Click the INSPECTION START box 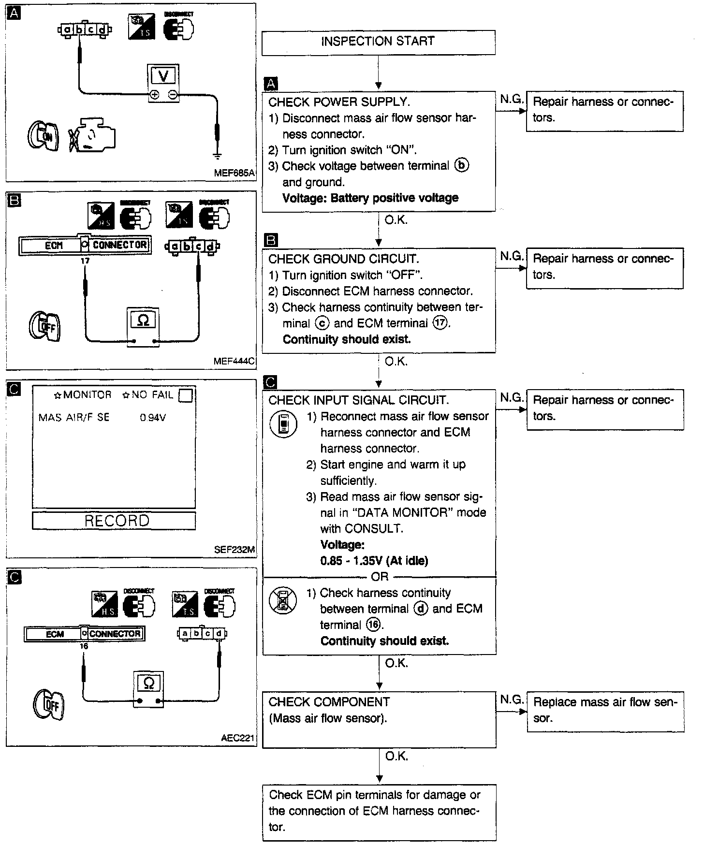click(378, 42)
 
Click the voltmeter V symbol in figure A click(163, 76)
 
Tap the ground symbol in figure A click(217, 156)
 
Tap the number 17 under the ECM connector click(85, 261)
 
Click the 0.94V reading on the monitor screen click(153, 418)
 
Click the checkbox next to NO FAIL click(185, 396)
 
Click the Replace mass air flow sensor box click(605, 711)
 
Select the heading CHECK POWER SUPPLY click(339, 102)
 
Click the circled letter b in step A click(462, 166)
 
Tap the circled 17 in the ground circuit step click(440, 323)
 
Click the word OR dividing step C click(380, 577)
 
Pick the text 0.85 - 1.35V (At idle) click(374, 561)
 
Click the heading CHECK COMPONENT click(329, 702)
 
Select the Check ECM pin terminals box click(379, 812)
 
